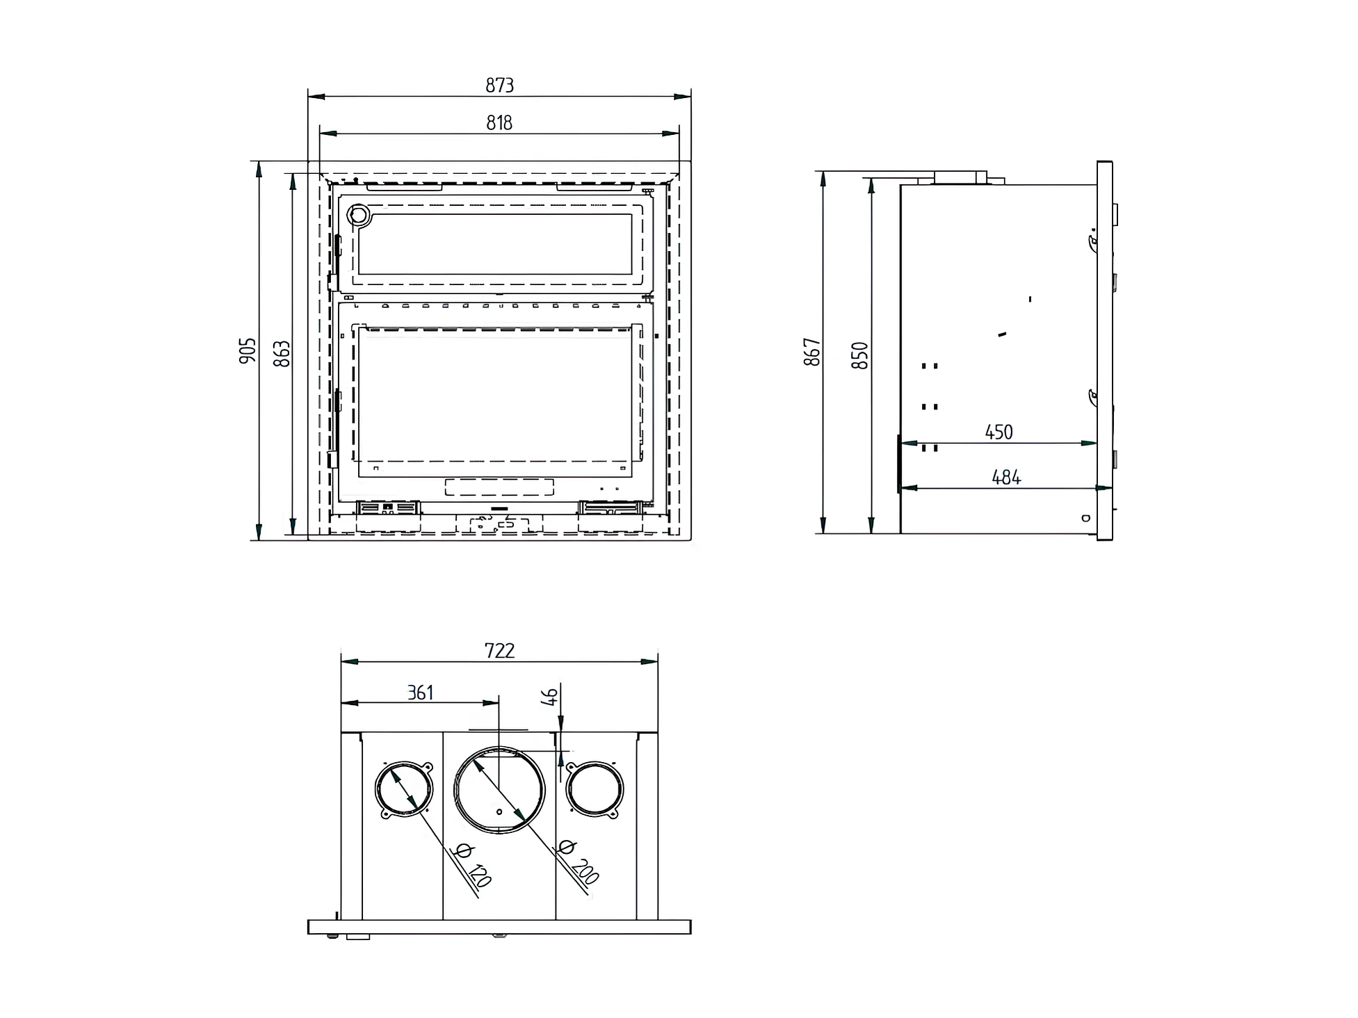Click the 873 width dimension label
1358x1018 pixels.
point(499,85)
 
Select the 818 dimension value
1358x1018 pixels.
point(499,123)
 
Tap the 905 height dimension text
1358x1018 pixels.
point(248,350)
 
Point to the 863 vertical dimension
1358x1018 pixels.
point(282,353)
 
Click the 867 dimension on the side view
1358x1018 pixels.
point(812,352)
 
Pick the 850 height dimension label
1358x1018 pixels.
point(860,355)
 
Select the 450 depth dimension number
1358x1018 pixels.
point(999,432)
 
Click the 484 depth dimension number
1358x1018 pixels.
point(1005,477)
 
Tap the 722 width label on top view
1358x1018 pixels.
point(499,650)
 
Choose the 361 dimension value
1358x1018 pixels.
point(420,693)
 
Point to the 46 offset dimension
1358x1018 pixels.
point(549,696)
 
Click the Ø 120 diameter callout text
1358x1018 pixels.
point(472,866)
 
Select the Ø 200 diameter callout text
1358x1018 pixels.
point(579,862)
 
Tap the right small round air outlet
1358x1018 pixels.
point(595,789)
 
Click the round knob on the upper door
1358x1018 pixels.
point(359,215)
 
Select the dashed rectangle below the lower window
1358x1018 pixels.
point(499,487)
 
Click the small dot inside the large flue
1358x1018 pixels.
point(499,811)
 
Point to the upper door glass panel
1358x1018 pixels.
point(495,244)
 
